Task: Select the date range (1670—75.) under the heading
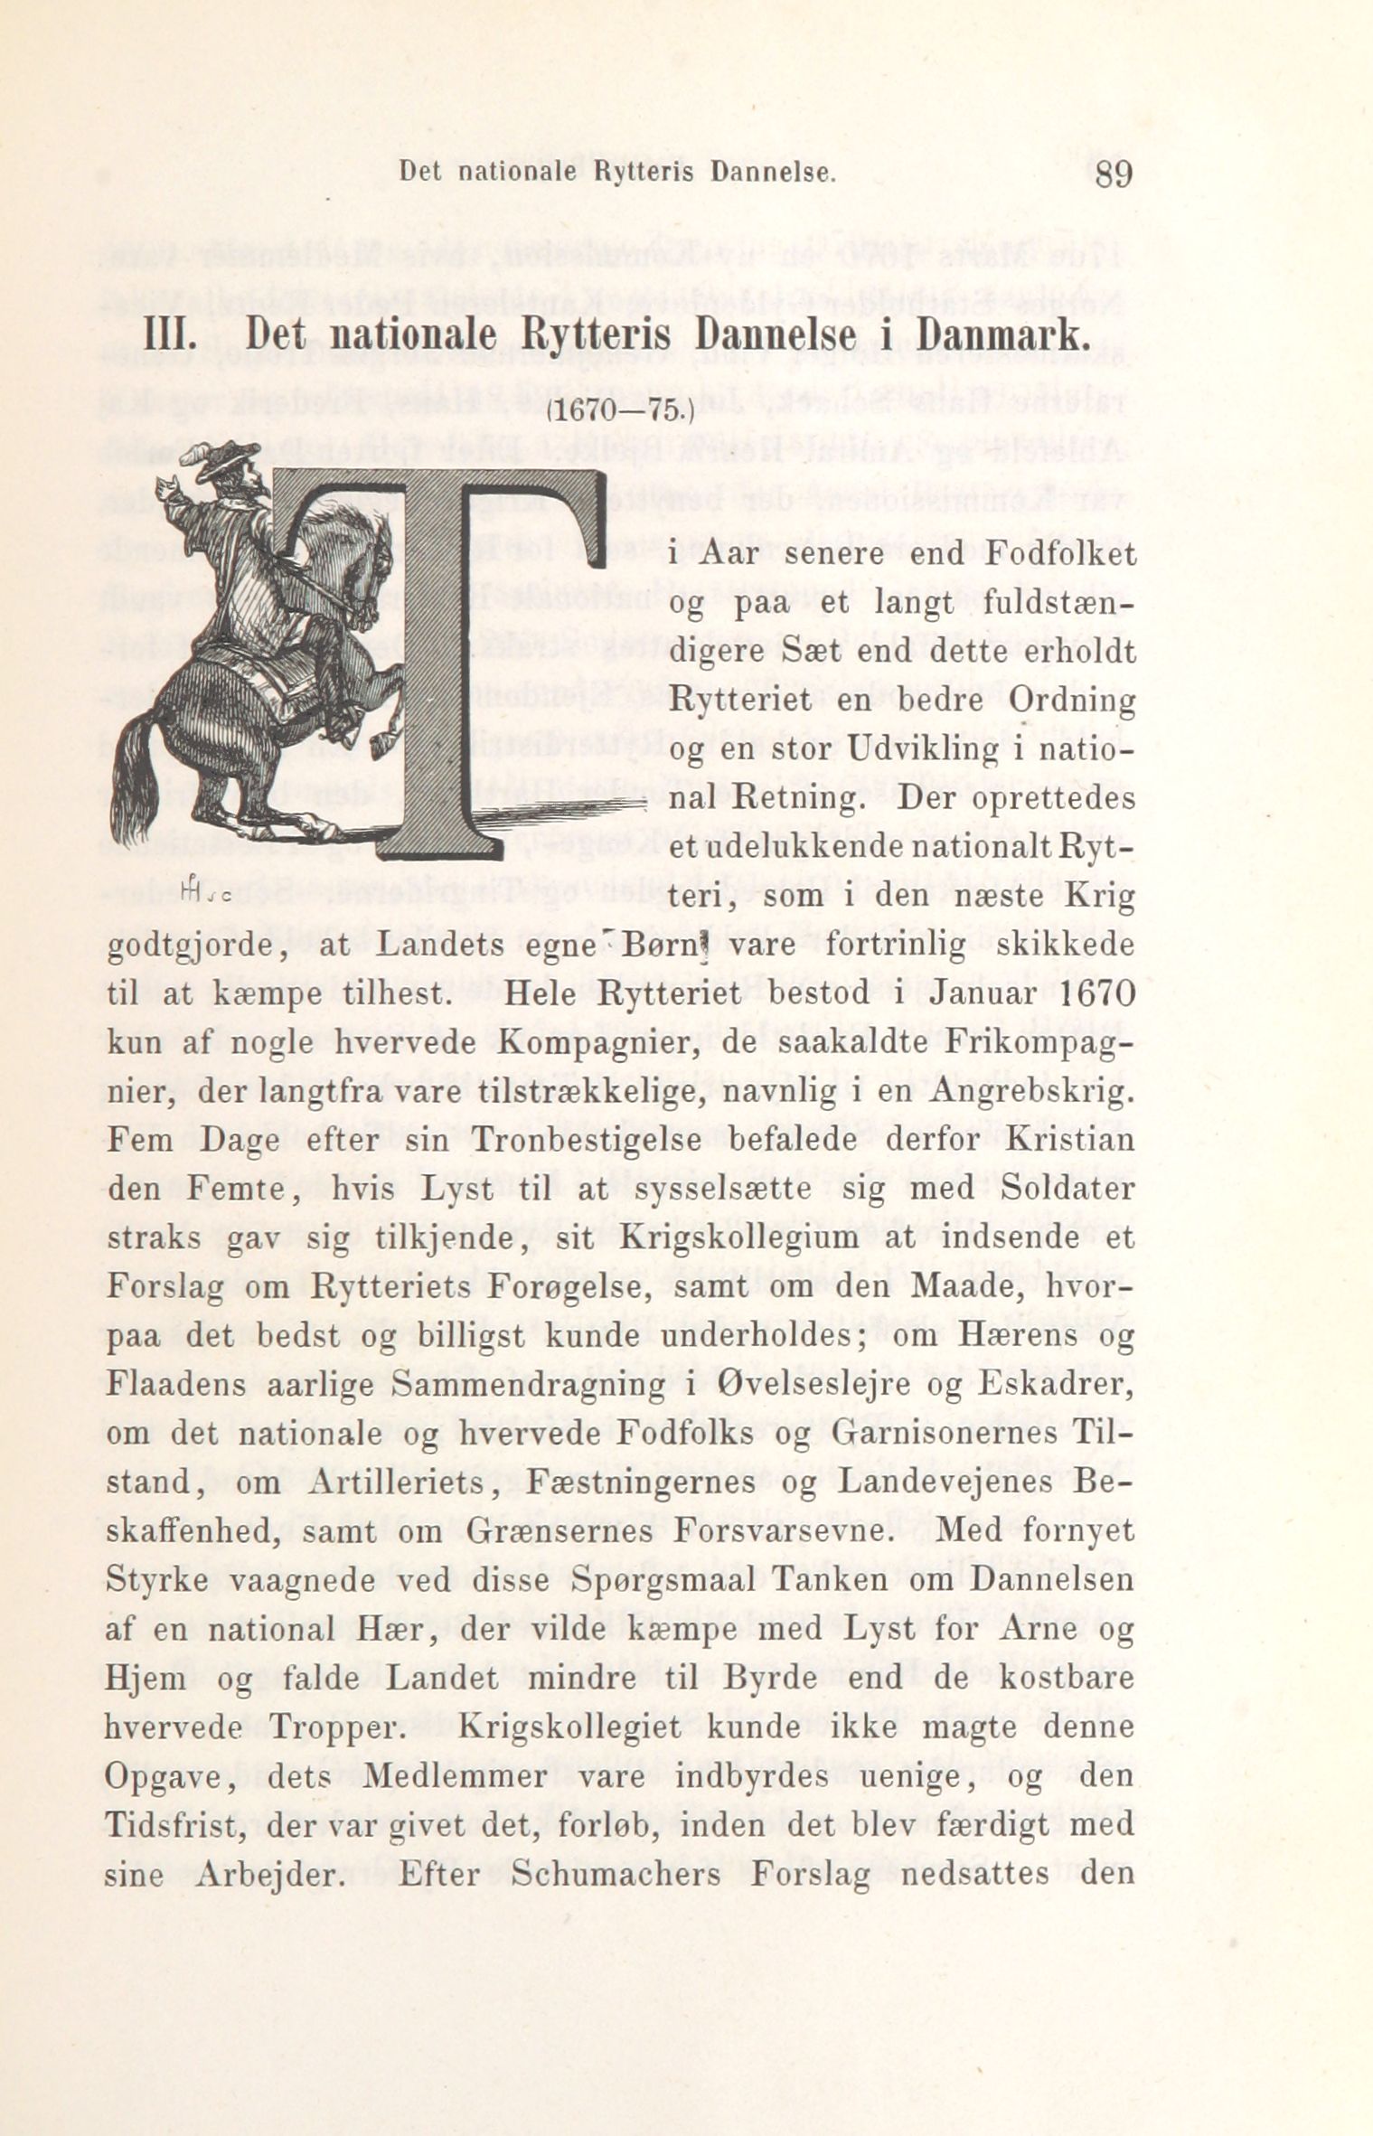pyautogui.click(x=619, y=411)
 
